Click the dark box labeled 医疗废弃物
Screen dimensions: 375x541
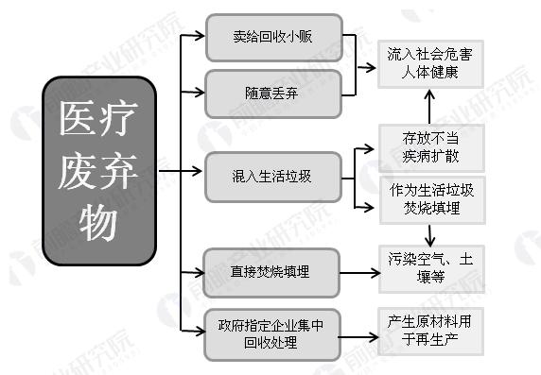[98, 169]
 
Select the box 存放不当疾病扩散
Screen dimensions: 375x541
[430, 146]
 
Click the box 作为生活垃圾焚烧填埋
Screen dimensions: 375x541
[430, 198]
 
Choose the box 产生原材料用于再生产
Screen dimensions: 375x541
[430, 330]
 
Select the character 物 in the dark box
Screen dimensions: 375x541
[97, 222]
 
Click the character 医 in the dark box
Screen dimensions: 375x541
[75, 120]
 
